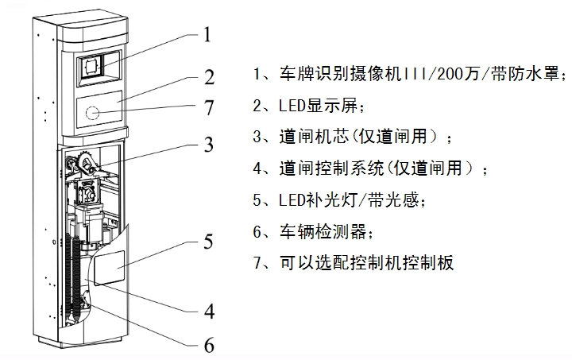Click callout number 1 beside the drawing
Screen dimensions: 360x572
(207, 35)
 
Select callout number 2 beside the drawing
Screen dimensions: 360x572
(210, 78)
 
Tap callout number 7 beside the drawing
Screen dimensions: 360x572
(210, 106)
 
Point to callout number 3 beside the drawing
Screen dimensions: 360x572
(208, 145)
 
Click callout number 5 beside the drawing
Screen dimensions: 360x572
(208, 240)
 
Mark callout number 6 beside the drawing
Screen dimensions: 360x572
(210, 346)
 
